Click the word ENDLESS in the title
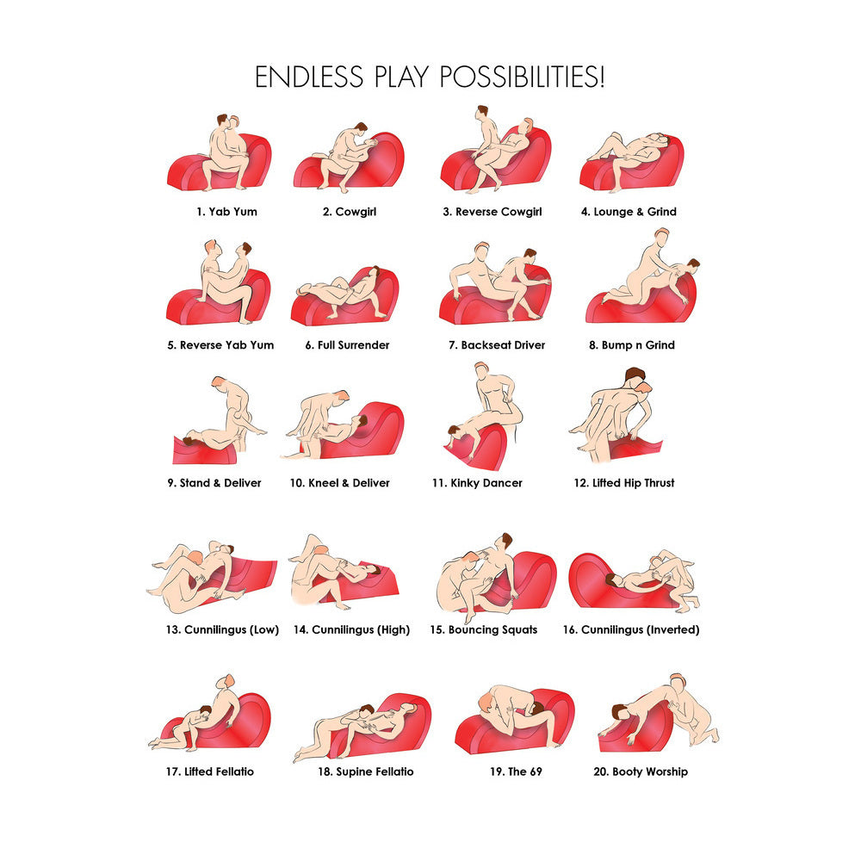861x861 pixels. click(309, 77)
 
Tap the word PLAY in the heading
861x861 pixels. click(401, 77)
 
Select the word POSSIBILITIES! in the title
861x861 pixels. click(522, 77)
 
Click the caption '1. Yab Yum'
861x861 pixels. click(226, 212)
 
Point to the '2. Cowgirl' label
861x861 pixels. click(350, 212)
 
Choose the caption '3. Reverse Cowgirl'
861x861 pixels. click(492, 212)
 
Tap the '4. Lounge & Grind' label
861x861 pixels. click(629, 212)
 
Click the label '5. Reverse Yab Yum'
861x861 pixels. click(220, 345)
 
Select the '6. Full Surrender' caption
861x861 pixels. click(347, 345)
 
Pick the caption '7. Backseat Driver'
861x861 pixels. click(497, 345)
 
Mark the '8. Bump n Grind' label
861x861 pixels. click(632, 345)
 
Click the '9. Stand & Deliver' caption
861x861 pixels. click(214, 483)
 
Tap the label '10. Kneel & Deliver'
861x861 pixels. click(339, 483)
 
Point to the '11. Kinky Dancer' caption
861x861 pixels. click(477, 483)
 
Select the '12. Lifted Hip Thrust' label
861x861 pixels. click(624, 483)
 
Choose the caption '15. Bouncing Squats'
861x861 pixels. click(483, 629)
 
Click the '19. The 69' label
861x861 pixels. click(516, 771)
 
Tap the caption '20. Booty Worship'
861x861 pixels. click(641, 771)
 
